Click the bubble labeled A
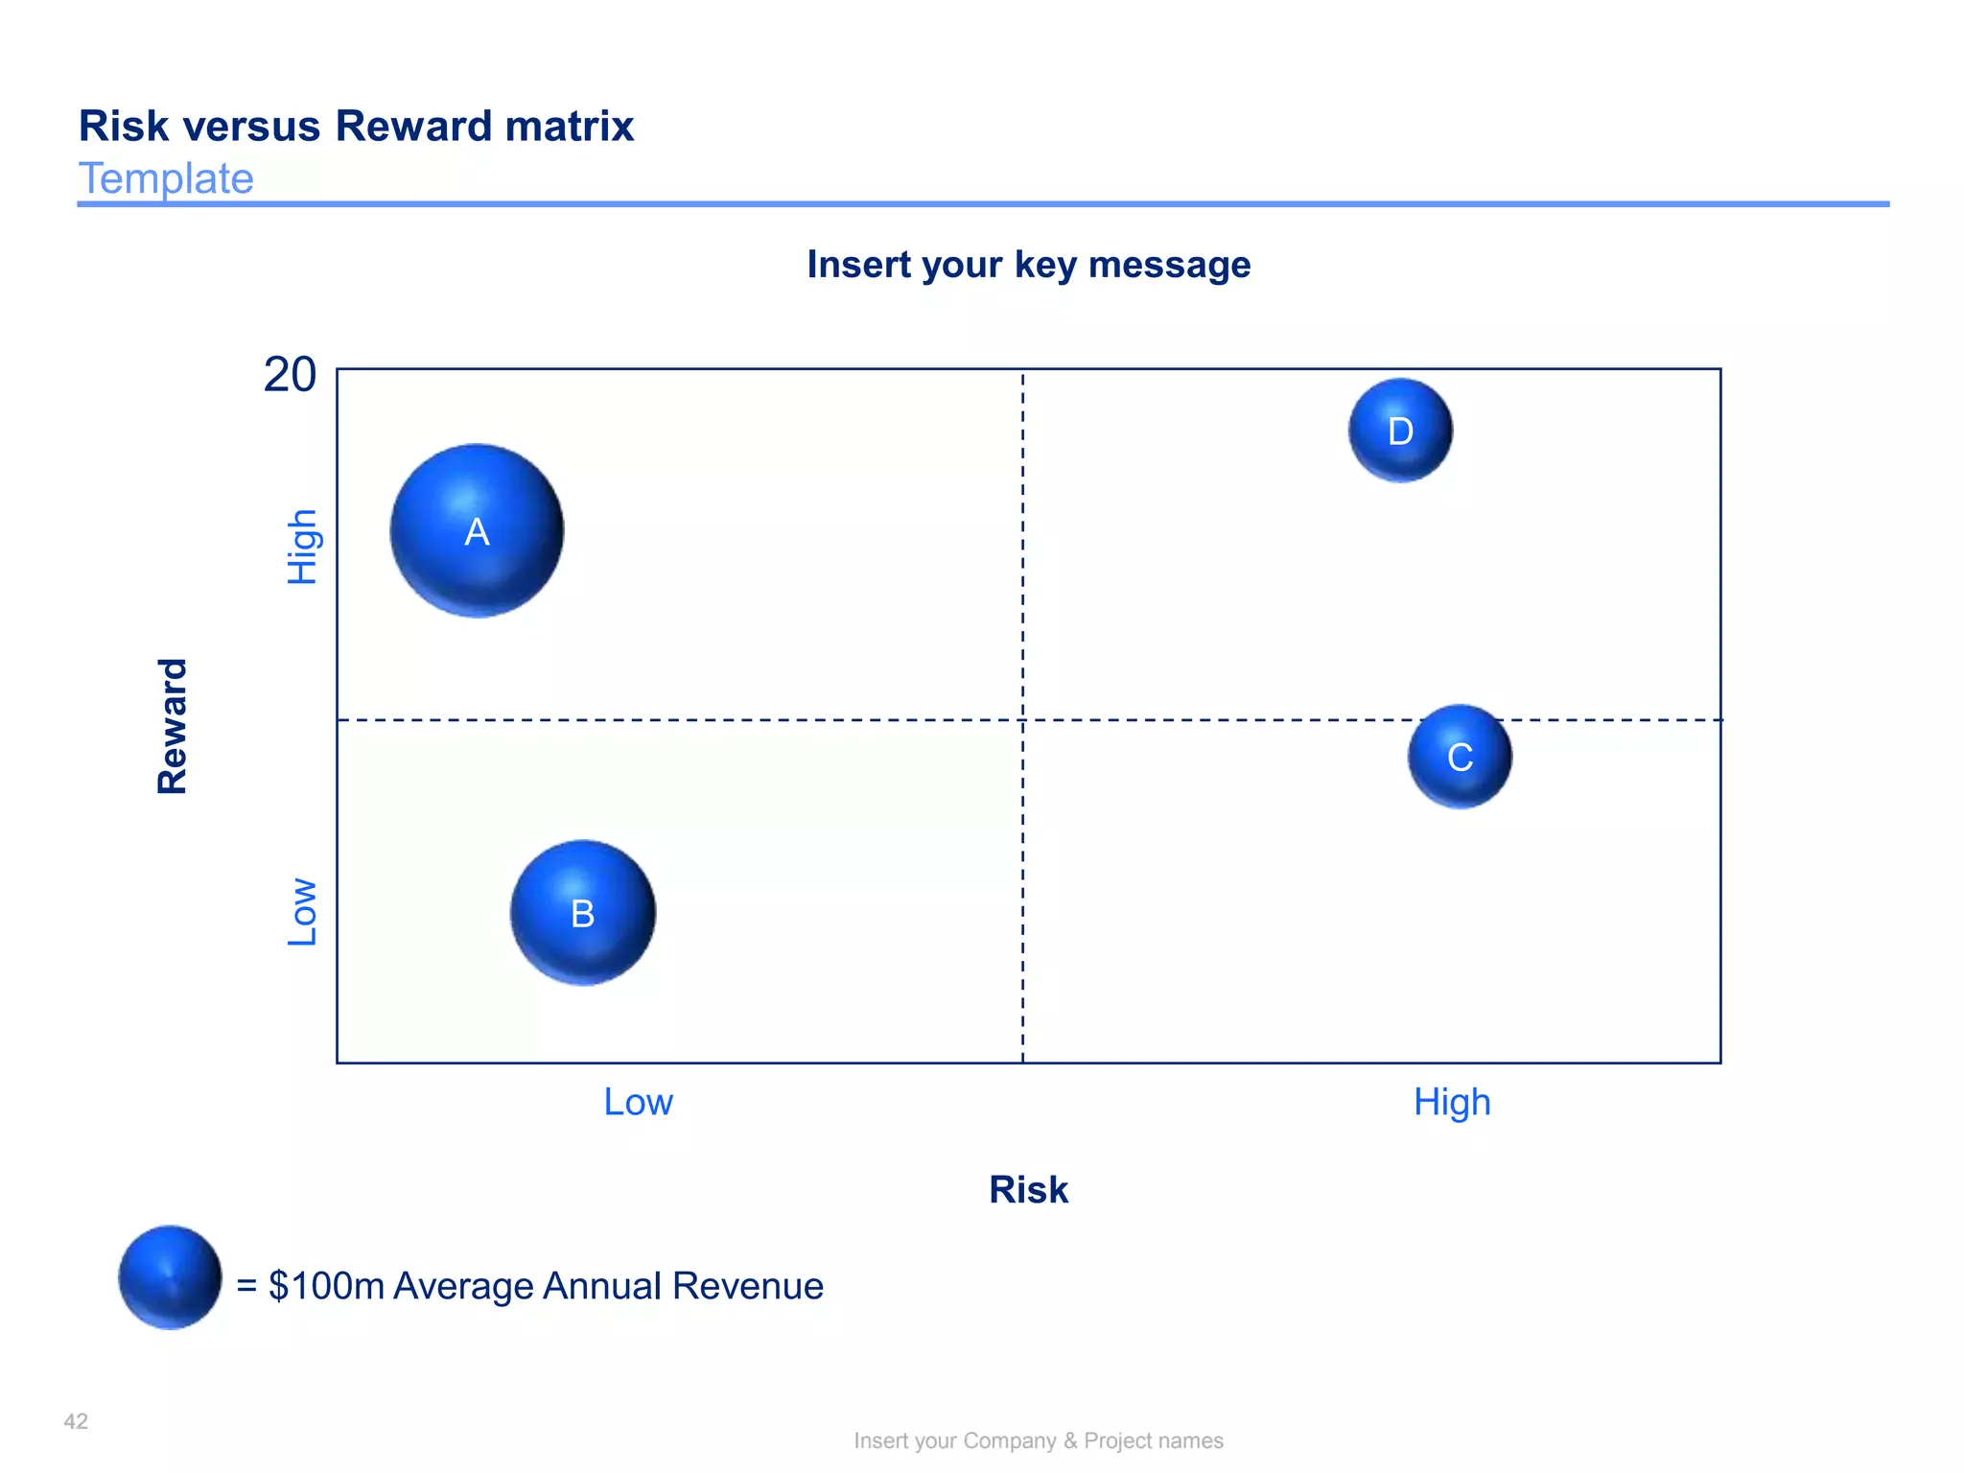(x=477, y=530)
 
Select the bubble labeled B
(x=583, y=912)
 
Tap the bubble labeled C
(x=1460, y=757)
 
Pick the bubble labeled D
(x=1400, y=431)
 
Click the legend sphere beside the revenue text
(x=171, y=1277)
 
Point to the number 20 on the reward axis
(x=290, y=375)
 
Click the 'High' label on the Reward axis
(x=303, y=547)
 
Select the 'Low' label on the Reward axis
(x=303, y=912)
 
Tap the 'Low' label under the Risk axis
(x=638, y=1102)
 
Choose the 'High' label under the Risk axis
(x=1452, y=1103)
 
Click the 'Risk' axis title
(x=1028, y=1190)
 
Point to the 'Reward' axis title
(x=173, y=726)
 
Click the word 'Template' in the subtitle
(x=166, y=178)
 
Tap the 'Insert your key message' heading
(x=1028, y=265)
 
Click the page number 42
(x=76, y=1421)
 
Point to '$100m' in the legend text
(x=326, y=1286)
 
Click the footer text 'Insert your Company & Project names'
(x=1039, y=1440)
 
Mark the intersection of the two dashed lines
(x=1022, y=719)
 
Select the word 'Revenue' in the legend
(x=748, y=1286)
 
